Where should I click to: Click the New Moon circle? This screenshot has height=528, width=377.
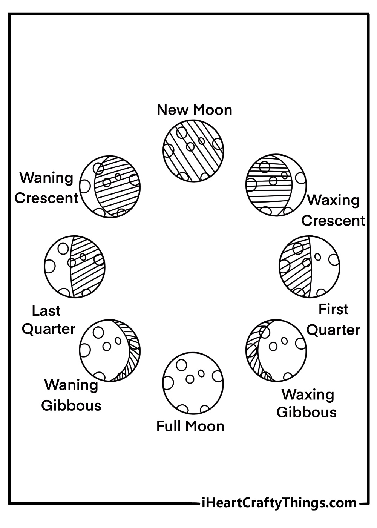coord(193,151)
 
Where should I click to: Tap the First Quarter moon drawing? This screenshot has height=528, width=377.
coord(309,267)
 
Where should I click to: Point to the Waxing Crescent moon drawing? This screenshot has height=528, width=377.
coord(276,185)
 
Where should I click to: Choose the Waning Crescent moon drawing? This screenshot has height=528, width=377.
coord(110,186)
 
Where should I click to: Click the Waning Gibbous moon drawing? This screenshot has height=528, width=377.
coord(110,350)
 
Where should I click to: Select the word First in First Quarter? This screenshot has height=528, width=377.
coord(333,309)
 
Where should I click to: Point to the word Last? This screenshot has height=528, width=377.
coord(46,311)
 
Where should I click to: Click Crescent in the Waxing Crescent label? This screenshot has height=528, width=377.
coord(333,221)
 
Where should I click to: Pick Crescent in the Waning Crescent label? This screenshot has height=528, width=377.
coord(46,198)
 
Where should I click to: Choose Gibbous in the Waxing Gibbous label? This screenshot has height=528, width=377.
coord(307,412)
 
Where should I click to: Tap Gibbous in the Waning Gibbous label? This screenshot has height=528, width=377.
coord(71,406)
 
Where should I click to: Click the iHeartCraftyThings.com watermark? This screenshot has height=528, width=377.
coord(279,503)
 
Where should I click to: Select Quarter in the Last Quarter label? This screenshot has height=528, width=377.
coord(49,329)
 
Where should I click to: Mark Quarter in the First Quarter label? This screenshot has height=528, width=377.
coord(333,330)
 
